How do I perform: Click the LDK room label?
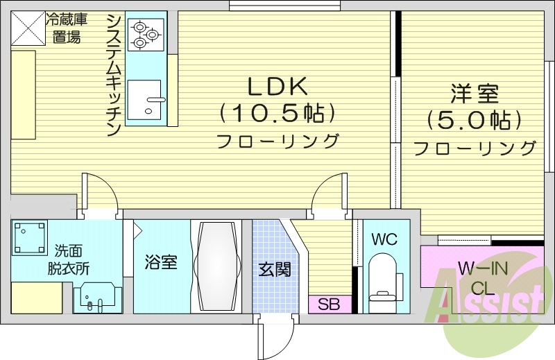[x=277, y=86]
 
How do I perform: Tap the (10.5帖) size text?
[x=277, y=112]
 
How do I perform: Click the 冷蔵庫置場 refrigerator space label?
[x=67, y=28]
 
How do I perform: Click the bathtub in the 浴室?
[x=216, y=267]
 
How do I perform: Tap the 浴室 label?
[x=160, y=263]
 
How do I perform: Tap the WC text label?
[x=384, y=240]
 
